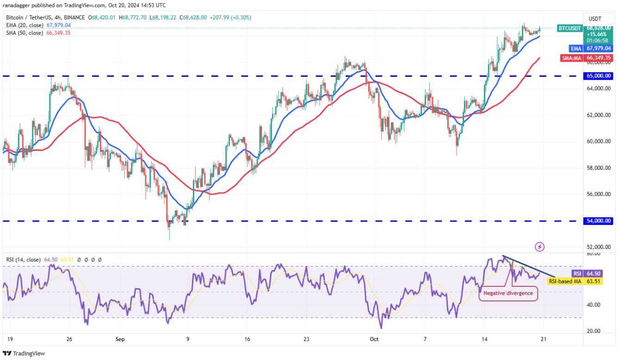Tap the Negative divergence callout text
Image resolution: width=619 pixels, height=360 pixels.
[x=508, y=293]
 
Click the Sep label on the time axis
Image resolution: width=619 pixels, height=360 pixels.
[x=120, y=339]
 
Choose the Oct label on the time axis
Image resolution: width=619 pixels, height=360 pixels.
[x=374, y=339]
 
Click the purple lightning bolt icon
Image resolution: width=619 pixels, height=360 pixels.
[x=539, y=247]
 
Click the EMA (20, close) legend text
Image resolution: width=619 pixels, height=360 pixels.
[x=25, y=25]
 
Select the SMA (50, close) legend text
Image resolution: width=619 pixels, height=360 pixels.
[x=25, y=33]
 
